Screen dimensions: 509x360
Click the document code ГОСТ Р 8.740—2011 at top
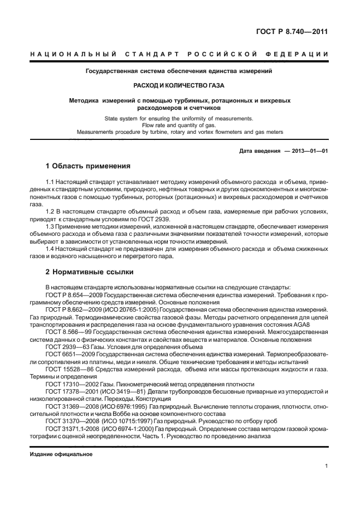[291, 32]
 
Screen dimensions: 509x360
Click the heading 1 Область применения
[87, 166]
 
